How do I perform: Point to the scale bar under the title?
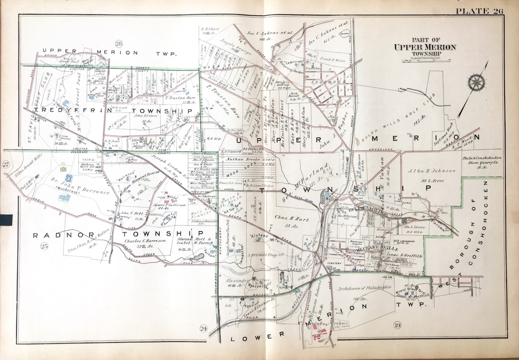tap(425, 60)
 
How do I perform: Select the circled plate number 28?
tap(119, 44)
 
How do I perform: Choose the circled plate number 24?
tap(204, 329)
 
